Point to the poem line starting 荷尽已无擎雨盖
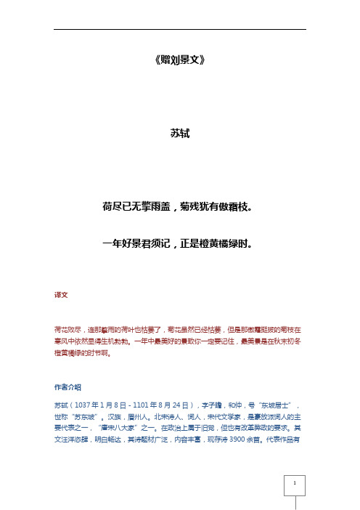pyautogui.click(x=179, y=207)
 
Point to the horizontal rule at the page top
pyautogui.click(x=179, y=29)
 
